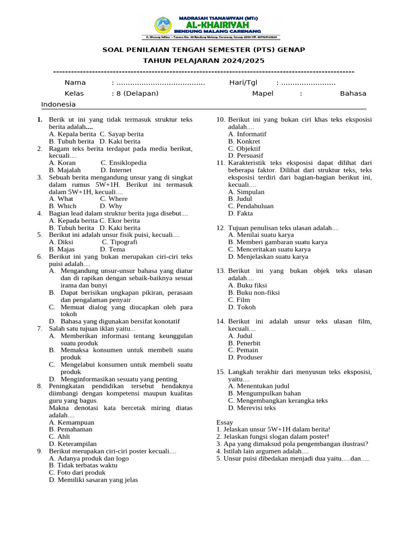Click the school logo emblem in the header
click(x=162, y=25)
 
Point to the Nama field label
click(x=75, y=83)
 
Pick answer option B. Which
click(x=63, y=206)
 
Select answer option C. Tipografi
click(x=119, y=242)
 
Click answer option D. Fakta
click(x=240, y=213)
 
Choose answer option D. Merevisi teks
click(x=252, y=408)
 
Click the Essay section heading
click(x=225, y=422)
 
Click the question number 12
click(x=220, y=227)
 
